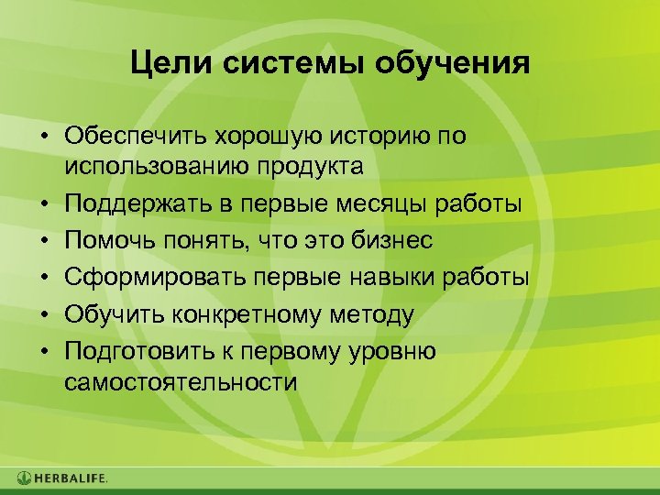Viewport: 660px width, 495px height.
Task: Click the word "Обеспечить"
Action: tap(135, 137)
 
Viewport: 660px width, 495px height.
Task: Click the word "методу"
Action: tap(369, 314)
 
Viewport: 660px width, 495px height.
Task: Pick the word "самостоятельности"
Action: tap(181, 382)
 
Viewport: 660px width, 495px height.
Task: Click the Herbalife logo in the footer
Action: tap(61, 478)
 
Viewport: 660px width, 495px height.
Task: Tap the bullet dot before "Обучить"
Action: tap(43, 315)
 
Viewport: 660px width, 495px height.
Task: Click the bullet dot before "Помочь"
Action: tap(43, 241)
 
